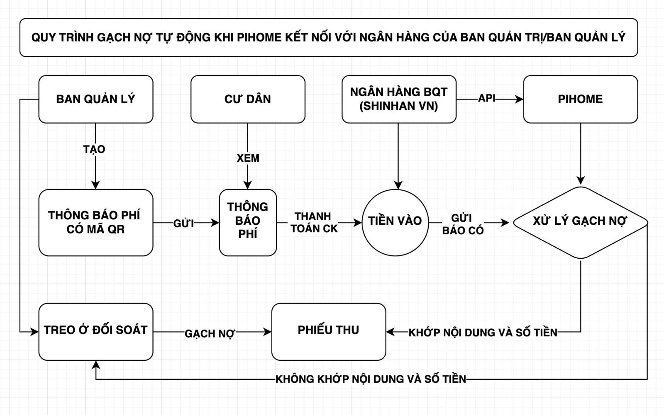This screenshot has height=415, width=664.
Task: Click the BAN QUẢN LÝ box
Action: pyautogui.click(x=96, y=99)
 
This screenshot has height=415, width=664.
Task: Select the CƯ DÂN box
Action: pyautogui.click(x=248, y=99)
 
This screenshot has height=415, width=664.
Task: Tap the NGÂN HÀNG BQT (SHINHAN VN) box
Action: pyautogui.click(x=399, y=99)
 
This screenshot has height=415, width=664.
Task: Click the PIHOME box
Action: pyautogui.click(x=581, y=99)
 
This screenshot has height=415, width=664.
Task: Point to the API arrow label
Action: pyautogui.click(x=487, y=98)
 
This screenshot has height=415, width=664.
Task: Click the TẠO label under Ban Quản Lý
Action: pyautogui.click(x=94, y=149)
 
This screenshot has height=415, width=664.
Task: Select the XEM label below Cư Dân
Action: pyautogui.click(x=248, y=158)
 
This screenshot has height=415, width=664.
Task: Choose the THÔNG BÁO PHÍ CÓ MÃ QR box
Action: pyautogui.click(x=96, y=223)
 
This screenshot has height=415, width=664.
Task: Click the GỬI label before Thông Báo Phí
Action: pyautogui.click(x=183, y=223)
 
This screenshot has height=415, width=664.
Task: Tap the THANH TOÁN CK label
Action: pyautogui.click(x=314, y=223)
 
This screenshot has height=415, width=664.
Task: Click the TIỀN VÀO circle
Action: pyautogui.click(x=395, y=223)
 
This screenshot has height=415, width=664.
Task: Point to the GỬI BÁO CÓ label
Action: pyautogui.click(x=463, y=224)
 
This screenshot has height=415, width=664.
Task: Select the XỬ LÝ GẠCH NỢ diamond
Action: pyautogui.click(x=581, y=223)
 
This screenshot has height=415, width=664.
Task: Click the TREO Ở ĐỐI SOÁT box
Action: pyautogui.click(x=96, y=332)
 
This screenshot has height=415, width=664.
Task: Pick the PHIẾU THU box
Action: pyautogui.click(x=329, y=332)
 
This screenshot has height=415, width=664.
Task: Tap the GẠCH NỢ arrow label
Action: pyautogui.click(x=210, y=334)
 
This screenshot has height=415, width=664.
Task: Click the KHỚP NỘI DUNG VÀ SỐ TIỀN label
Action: pyautogui.click(x=483, y=332)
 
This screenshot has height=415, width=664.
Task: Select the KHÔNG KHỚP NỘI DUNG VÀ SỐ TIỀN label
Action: pyautogui.click(x=371, y=379)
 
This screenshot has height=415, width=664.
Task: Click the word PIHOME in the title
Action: pyautogui.click(x=259, y=37)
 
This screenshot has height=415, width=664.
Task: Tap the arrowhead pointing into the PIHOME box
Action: pyautogui.click(x=519, y=99)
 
